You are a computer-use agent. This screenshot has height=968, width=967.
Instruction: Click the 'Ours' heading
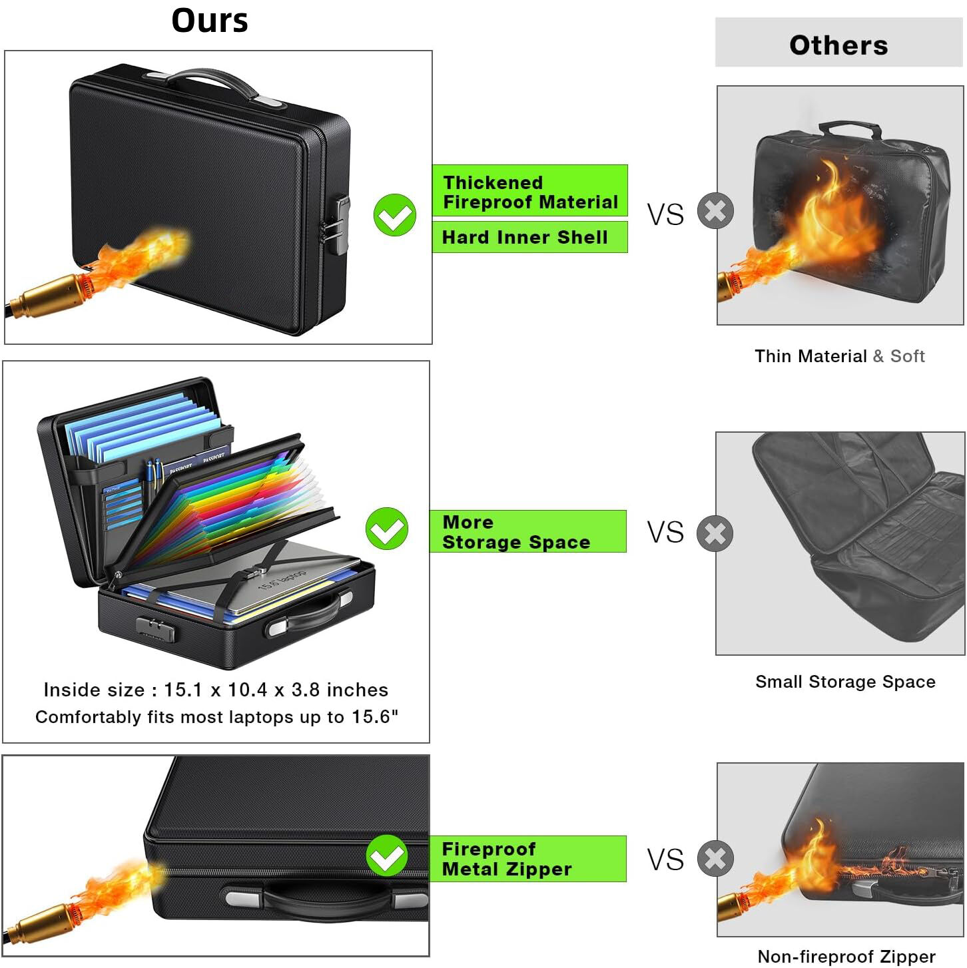pos(210,21)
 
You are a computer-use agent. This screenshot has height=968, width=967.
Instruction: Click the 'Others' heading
pos(838,45)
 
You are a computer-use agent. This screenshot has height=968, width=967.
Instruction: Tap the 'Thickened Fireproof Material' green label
pos(529,192)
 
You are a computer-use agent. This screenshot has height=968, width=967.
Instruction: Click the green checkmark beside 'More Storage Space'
pos(387,529)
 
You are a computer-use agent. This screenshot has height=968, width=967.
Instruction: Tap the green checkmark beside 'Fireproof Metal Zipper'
pos(387,856)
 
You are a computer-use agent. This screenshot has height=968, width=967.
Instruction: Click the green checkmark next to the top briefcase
pos(395,215)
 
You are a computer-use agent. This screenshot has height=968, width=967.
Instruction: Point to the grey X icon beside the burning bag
pos(715,212)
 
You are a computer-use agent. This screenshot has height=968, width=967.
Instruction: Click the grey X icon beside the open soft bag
pos(715,533)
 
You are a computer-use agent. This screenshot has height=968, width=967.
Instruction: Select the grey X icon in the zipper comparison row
pos(715,859)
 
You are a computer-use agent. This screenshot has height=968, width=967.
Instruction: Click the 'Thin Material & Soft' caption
pos(839,356)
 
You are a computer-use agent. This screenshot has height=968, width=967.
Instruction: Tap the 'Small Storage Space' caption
pos(845,682)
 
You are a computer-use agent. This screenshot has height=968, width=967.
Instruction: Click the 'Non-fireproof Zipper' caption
pos(846,957)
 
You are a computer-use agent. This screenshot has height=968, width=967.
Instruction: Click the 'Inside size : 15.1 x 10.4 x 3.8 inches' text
pos(216,690)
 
